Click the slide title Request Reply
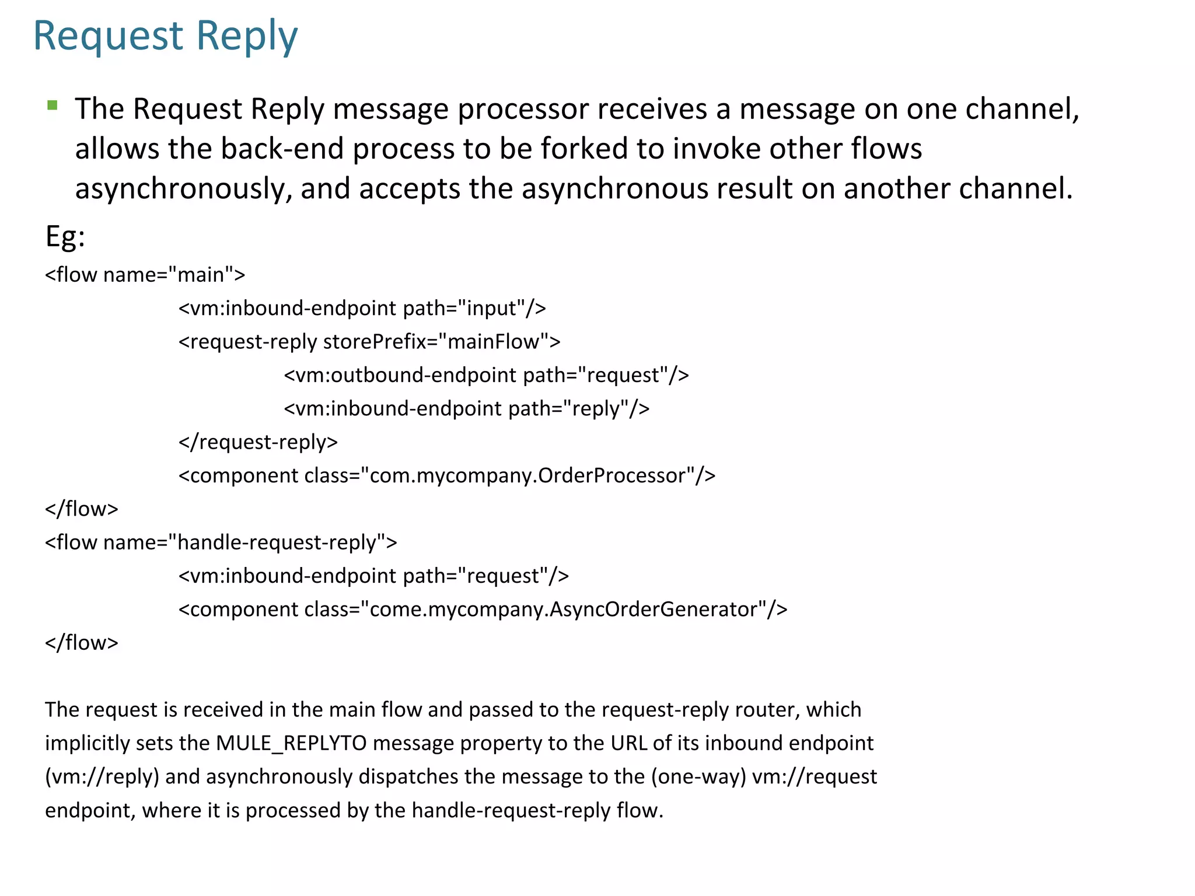click(165, 36)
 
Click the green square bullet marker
click(53, 106)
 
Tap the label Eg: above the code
click(65, 237)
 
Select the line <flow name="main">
click(145, 274)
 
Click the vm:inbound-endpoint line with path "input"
click(362, 308)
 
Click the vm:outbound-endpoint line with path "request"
click(486, 375)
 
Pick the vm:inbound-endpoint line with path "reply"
click(466, 408)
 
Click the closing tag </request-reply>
click(258, 442)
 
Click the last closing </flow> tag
click(82, 643)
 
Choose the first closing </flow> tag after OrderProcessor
click(82, 509)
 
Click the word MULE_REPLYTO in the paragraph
click(291, 743)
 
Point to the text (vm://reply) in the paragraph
click(102, 777)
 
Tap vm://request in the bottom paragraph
click(815, 777)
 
